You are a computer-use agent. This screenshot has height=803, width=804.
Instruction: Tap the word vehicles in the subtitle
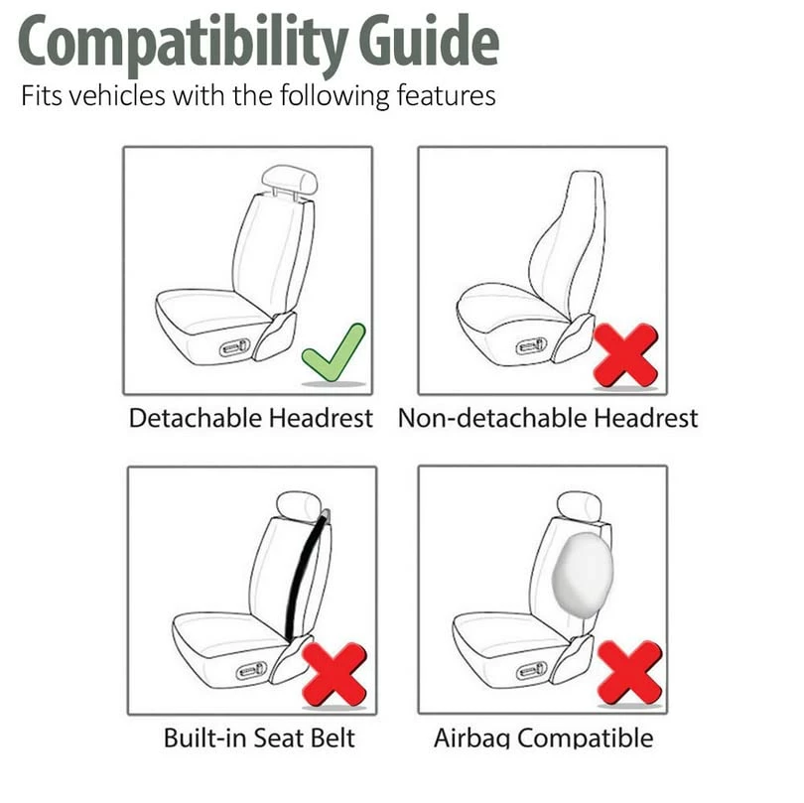118,97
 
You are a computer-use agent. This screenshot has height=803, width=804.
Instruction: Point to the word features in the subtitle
438,97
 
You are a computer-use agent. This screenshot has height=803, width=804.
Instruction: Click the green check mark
334,351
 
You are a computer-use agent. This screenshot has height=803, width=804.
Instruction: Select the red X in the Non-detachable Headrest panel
625,354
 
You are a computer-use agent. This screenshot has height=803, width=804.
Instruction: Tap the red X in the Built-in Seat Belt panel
335,673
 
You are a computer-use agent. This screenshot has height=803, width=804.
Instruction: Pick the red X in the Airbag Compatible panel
629,671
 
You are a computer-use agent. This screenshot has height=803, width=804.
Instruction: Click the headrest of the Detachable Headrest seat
289,181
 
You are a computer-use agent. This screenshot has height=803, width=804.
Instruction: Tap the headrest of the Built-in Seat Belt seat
297,505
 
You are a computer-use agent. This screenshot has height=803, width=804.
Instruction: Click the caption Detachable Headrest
251,418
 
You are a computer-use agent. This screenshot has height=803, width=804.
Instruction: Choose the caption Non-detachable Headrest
548,418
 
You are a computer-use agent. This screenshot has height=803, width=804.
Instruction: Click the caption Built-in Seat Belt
259,737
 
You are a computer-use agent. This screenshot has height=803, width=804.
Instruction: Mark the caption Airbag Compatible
544,737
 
